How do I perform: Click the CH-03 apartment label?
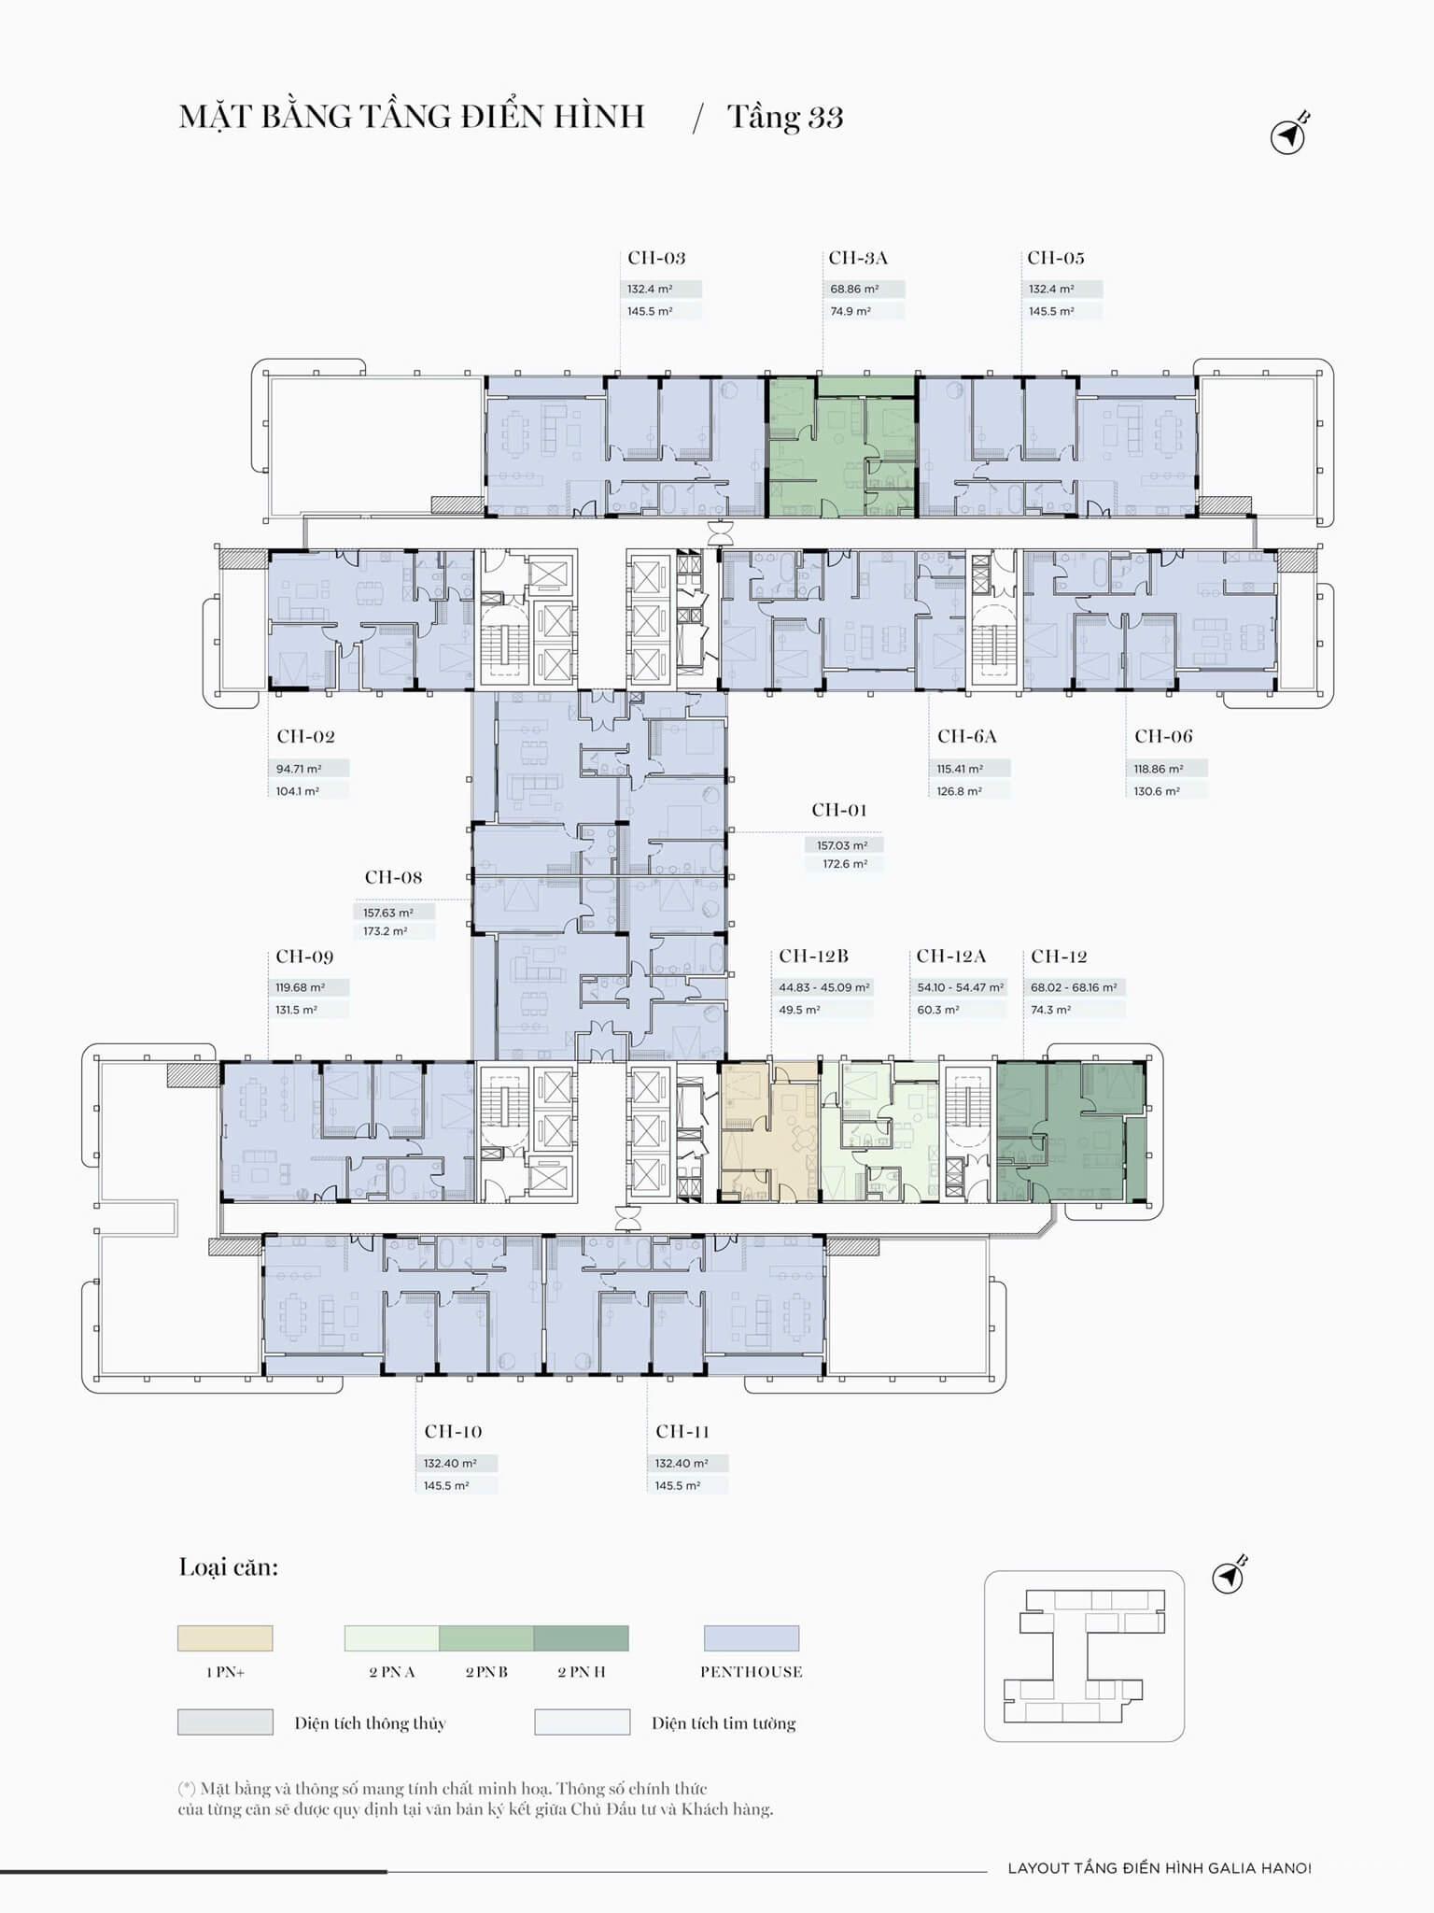(x=656, y=258)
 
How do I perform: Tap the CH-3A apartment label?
(x=858, y=258)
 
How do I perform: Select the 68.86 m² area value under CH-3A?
(x=854, y=290)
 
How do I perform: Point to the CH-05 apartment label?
(x=1056, y=258)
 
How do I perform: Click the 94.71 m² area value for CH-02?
(x=299, y=769)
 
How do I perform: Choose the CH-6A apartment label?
(x=967, y=736)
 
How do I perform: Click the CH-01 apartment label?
(x=839, y=810)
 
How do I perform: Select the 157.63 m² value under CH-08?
(x=388, y=913)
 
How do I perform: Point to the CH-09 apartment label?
(x=304, y=956)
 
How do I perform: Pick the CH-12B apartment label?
(x=814, y=956)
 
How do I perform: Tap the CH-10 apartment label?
(x=453, y=1431)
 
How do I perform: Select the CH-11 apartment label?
(x=682, y=1431)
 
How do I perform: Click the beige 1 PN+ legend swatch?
(x=225, y=1638)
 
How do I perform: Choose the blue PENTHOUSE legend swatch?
(x=752, y=1638)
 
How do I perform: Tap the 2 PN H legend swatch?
(x=582, y=1638)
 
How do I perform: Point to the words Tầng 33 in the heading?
(x=785, y=118)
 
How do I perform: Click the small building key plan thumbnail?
(x=1084, y=1656)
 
